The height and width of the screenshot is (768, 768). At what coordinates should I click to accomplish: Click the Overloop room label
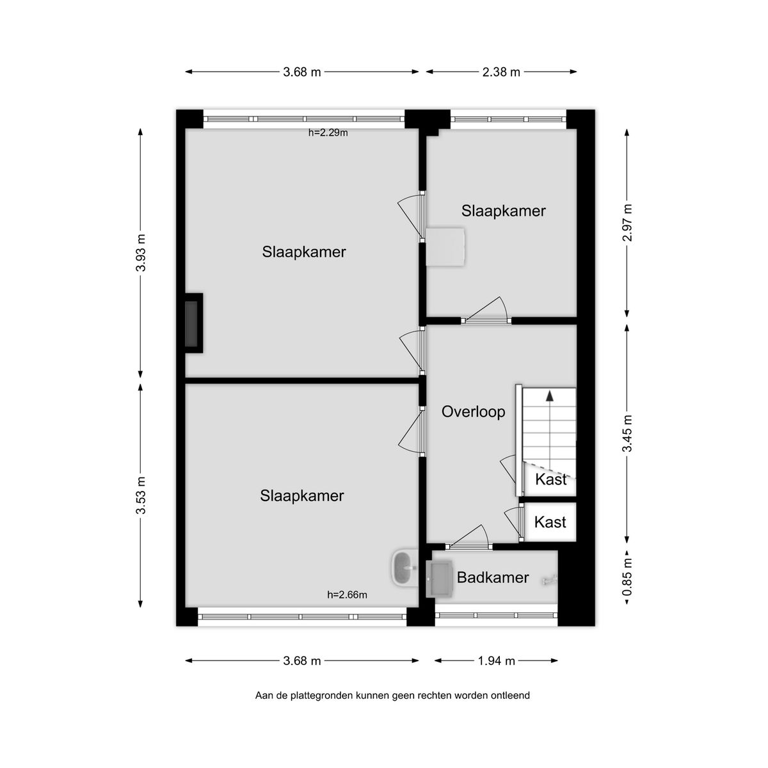point(473,412)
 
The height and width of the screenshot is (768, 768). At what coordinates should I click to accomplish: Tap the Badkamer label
point(493,578)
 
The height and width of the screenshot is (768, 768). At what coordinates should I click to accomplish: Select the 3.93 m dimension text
point(141,252)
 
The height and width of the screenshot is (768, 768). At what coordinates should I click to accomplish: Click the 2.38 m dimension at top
point(501,72)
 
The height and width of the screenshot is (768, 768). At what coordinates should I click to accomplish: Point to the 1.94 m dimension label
point(496,661)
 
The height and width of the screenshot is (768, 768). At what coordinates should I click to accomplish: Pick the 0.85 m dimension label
point(628,578)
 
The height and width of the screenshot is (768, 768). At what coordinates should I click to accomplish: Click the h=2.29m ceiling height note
point(328,133)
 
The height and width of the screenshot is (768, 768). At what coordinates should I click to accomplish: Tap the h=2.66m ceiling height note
point(347,595)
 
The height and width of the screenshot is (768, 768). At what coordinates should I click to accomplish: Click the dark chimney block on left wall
point(192,323)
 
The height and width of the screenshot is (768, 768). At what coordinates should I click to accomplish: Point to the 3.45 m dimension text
point(628,433)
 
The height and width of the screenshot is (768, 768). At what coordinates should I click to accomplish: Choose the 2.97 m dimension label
point(628,222)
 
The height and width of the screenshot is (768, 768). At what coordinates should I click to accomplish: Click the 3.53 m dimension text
point(141,495)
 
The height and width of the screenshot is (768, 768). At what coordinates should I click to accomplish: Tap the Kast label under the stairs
point(550,479)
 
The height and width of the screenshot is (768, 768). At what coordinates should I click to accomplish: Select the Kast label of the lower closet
point(550,522)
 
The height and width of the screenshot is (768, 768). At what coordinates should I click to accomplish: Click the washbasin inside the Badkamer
point(440,578)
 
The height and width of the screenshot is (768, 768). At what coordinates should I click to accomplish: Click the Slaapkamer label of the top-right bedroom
point(504,211)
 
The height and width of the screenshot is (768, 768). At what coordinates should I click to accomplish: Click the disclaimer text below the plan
point(392,695)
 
